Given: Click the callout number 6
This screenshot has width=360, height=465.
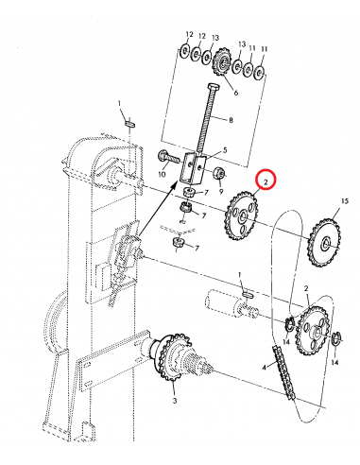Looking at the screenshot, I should (233, 93).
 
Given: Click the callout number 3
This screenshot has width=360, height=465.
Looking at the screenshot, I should (175, 401).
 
